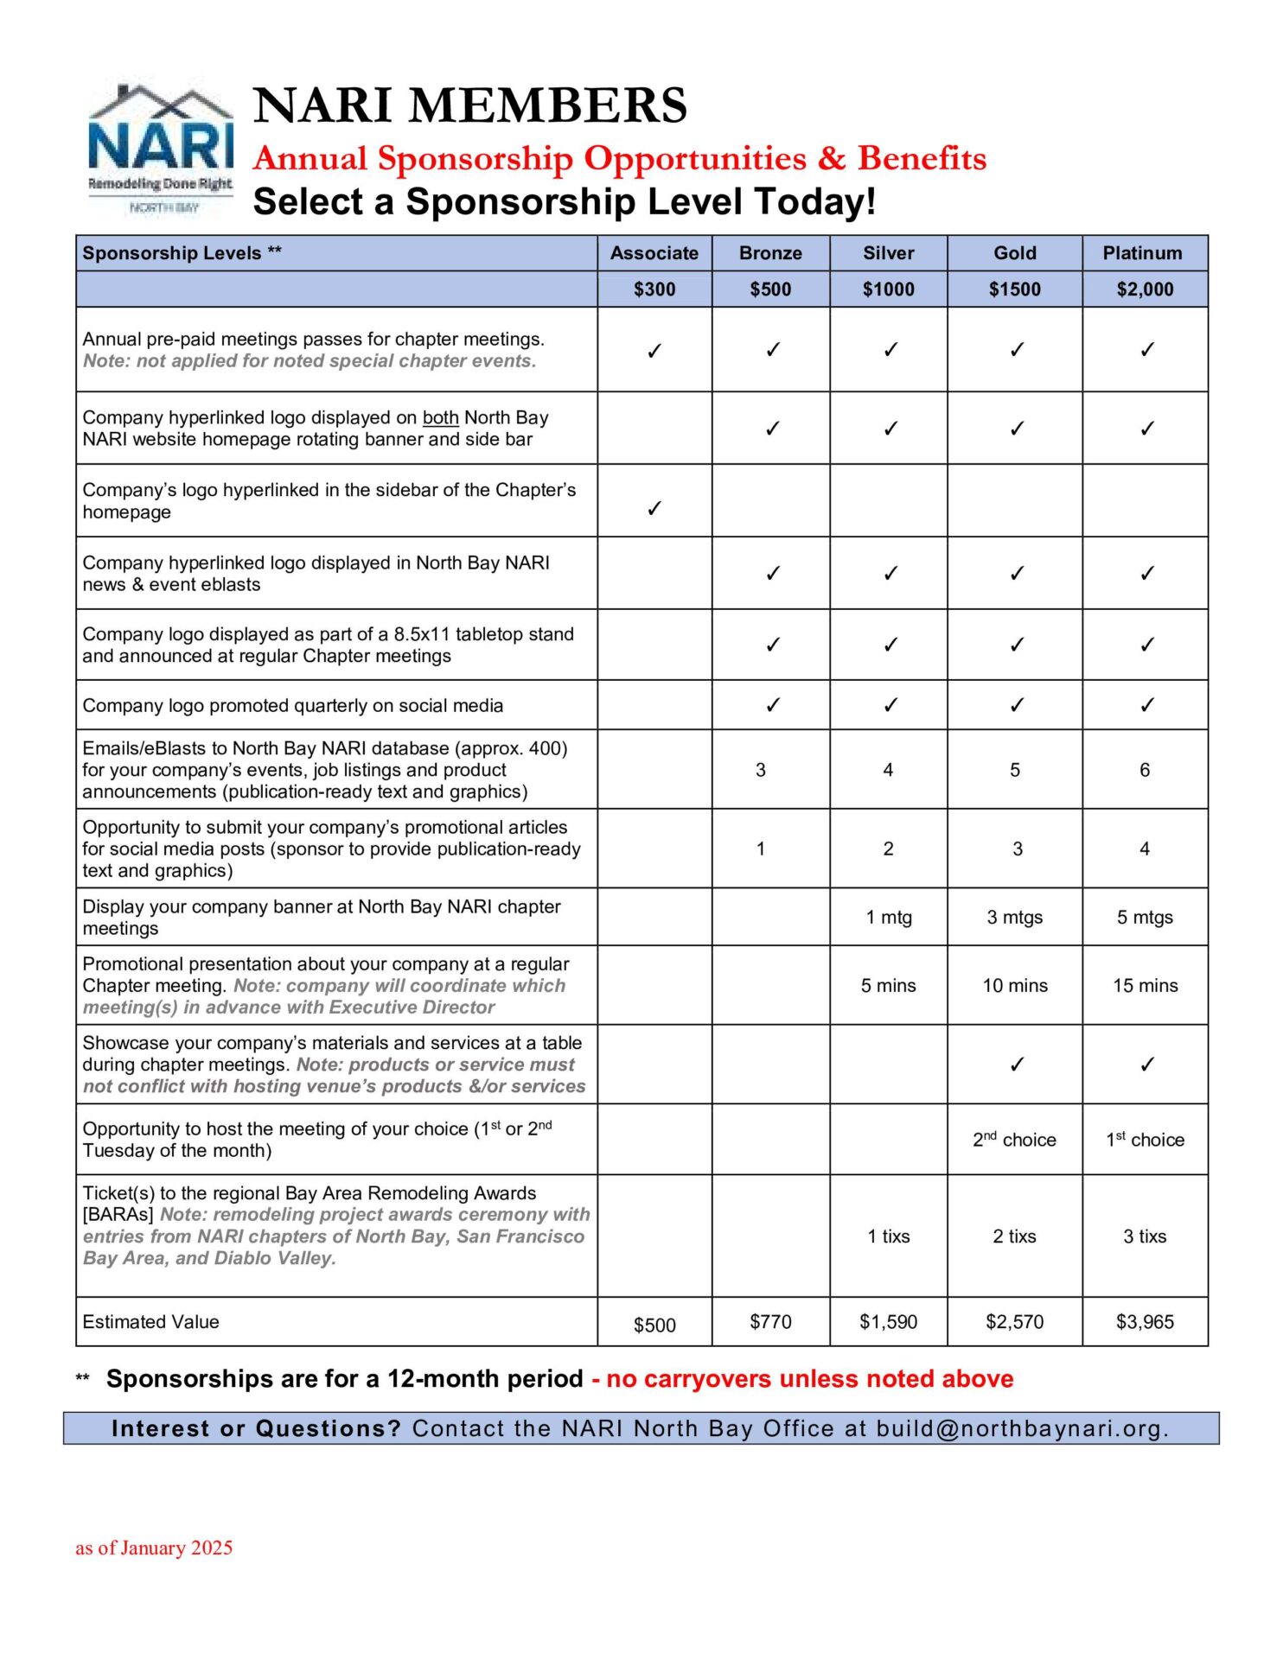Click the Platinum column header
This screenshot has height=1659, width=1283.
click(x=1142, y=253)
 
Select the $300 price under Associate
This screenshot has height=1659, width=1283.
click(x=654, y=289)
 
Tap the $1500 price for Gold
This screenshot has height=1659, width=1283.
click(x=1014, y=289)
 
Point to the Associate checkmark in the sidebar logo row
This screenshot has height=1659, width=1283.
click(x=654, y=508)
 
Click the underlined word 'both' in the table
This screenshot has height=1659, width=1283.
click(x=440, y=418)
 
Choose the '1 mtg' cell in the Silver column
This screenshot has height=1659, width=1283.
click(x=889, y=917)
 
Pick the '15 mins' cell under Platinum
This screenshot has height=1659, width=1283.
click(x=1145, y=985)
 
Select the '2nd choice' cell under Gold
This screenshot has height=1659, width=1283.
click(x=1014, y=1140)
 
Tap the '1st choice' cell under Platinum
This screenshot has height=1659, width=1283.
click(x=1145, y=1140)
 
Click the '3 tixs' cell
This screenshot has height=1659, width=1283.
click(x=1145, y=1236)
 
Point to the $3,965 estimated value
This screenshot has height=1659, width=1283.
click(x=1145, y=1322)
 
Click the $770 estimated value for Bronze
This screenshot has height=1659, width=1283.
click(x=770, y=1322)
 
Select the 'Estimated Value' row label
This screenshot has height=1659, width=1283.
click(x=151, y=1322)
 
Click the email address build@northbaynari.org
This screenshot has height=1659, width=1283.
click(x=1021, y=1429)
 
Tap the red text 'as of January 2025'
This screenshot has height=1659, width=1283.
click(x=154, y=1548)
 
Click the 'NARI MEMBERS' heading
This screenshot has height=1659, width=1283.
click(x=470, y=105)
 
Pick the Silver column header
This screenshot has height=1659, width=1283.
click(x=889, y=253)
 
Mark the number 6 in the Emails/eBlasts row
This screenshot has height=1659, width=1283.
click(x=1145, y=770)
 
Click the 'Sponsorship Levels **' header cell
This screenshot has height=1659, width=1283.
click(x=182, y=253)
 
